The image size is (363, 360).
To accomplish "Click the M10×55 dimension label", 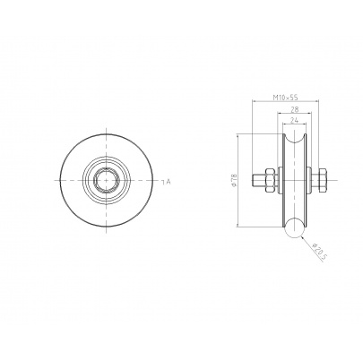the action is click(286, 98).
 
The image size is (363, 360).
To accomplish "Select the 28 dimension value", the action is click(294, 109).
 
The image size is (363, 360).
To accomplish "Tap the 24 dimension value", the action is click(294, 120).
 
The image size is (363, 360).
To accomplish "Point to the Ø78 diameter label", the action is click(234, 181).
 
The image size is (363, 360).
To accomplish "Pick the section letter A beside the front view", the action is click(168, 181).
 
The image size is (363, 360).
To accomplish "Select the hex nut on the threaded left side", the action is click(270, 181).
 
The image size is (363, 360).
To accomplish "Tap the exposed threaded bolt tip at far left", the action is click(258, 181).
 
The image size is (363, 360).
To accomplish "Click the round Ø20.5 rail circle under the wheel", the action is click(294, 228).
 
